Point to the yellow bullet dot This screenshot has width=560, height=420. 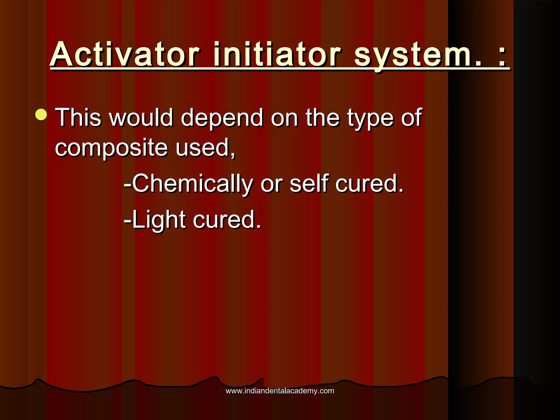[41, 115]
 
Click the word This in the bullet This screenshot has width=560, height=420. [78, 117]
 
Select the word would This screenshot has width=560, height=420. [141, 117]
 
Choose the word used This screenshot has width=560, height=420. [205, 147]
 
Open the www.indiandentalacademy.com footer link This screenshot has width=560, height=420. [280, 391]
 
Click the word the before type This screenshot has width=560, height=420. [323, 117]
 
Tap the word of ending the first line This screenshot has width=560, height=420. [412, 117]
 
